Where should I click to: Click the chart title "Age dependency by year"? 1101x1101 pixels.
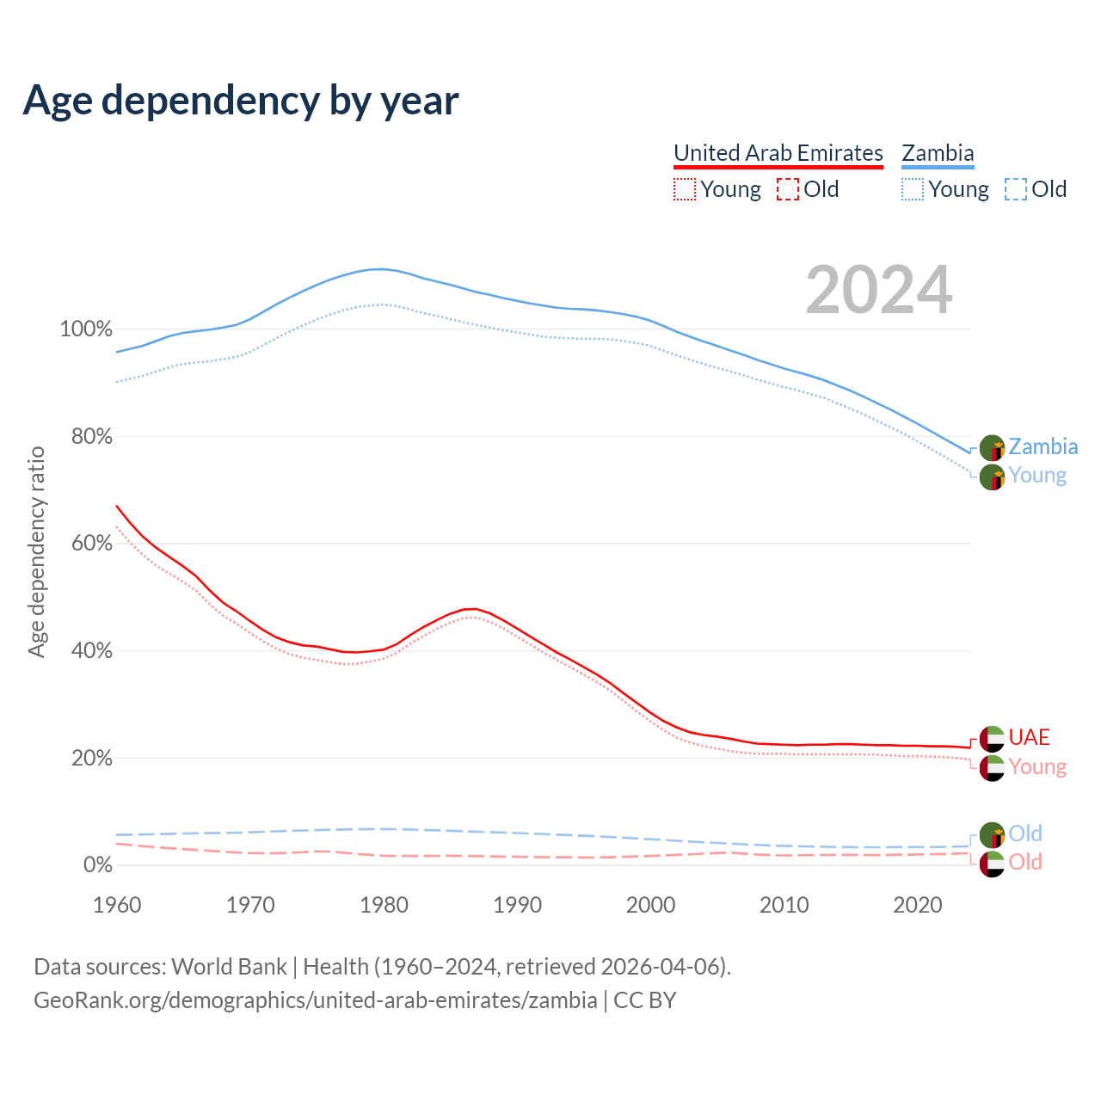point(241,101)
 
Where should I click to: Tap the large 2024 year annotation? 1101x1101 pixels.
point(878,290)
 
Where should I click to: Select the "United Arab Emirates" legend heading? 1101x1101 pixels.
point(778,153)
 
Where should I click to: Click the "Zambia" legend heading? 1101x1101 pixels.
point(938,153)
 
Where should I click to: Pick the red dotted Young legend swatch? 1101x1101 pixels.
point(685,189)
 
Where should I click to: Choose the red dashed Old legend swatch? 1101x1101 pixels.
point(787,189)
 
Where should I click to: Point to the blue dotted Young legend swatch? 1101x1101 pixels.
point(913,189)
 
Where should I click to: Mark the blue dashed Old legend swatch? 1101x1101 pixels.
point(1015,189)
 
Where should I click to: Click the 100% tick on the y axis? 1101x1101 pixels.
point(86,329)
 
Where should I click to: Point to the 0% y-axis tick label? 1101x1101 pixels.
point(97,865)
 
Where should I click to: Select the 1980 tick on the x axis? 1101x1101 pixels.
point(384,905)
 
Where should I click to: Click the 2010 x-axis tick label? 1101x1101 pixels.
point(784,905)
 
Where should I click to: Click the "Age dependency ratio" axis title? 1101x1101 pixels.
point(36,551)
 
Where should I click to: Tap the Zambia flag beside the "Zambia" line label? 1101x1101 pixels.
point(992,448)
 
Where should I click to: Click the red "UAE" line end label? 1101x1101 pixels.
point(1029,737)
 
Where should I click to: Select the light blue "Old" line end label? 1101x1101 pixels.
point(1025,833)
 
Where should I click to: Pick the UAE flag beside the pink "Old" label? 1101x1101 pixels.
point(992,864)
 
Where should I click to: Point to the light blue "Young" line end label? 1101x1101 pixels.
point(1037,476)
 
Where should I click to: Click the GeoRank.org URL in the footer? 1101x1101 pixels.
point(315,1000)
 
